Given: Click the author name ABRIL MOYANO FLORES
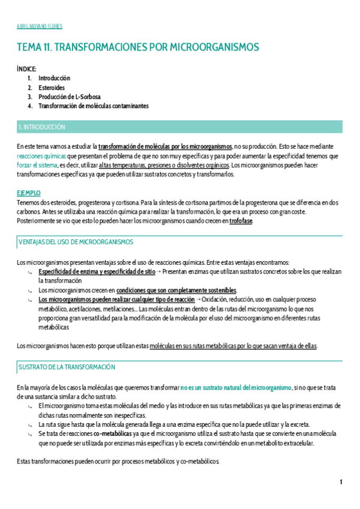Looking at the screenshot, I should [x=39, y=26].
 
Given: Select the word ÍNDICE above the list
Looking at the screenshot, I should [x=27, y=69].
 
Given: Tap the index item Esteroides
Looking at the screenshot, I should [x=52, y=87].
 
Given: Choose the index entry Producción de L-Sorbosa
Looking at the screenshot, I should [x=70, y=96].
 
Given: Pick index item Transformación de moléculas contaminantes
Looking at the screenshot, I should [x=94, y=106].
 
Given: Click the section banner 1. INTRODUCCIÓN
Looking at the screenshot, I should [x=41, y=127].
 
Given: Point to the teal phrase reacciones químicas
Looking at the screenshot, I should [x=41, y=155].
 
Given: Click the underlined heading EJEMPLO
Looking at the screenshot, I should [x=29, y=193].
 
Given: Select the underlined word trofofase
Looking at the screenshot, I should [x=241, y=221].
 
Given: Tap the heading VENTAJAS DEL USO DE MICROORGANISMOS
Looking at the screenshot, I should [x=76, y=242].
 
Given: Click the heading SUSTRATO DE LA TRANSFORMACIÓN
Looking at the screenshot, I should [x=68, y=367].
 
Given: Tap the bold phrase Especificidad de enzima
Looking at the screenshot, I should [x=67, y=272].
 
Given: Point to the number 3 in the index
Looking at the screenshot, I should [x=29, y=97].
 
